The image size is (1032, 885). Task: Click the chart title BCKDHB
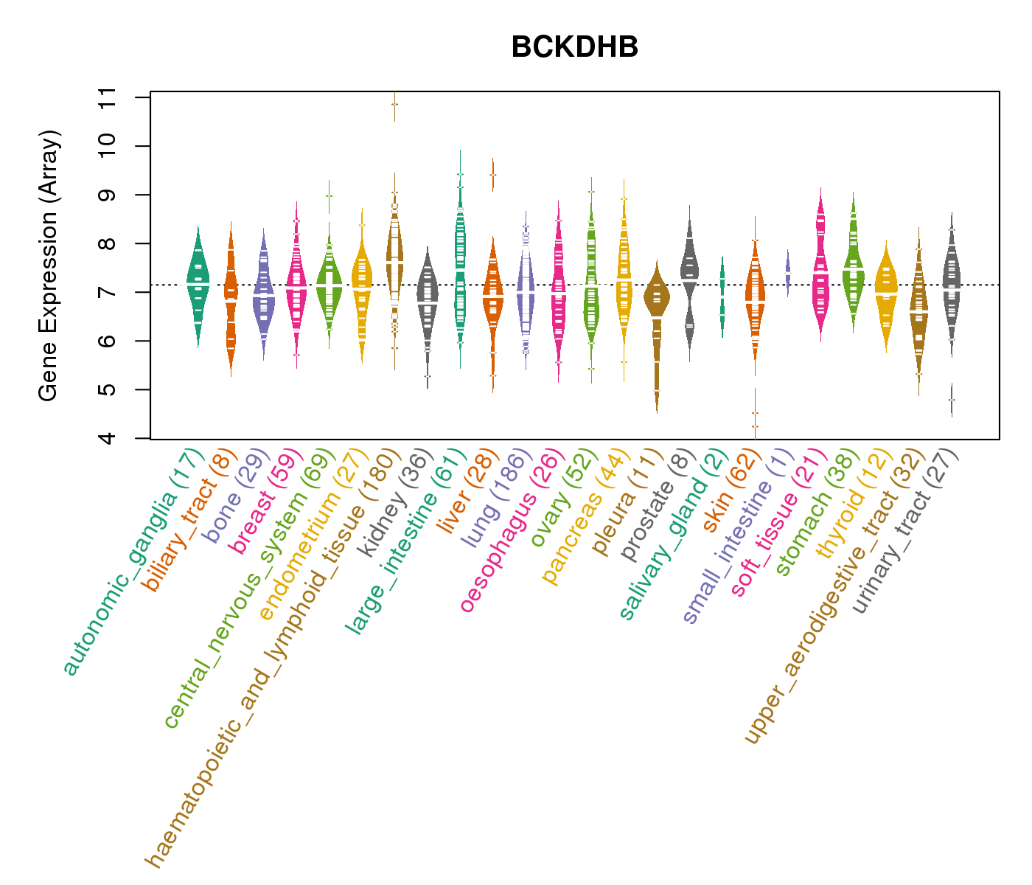(x=574, y=48)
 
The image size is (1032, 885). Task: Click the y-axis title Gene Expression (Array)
(x=49, y=266)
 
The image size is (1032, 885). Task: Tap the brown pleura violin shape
(x=656, y=299)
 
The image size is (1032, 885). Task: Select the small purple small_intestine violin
(x=787, y=273)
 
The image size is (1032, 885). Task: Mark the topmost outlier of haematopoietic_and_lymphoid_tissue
(x=394, y=104)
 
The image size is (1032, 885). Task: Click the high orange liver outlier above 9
(x=492, y=175)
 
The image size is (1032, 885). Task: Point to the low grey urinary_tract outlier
(x=952, y=400)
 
